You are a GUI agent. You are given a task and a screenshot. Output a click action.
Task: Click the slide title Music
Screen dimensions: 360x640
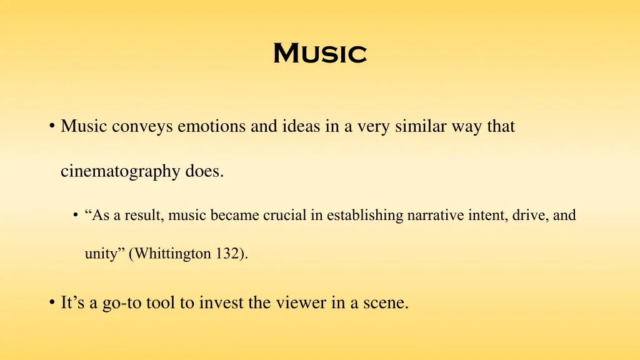319,53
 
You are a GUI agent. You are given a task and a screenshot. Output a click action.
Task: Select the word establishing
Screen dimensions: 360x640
366,216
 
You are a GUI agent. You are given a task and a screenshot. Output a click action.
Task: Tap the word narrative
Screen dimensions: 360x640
431,216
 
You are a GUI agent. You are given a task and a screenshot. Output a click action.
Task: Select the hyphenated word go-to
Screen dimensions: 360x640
121,304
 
